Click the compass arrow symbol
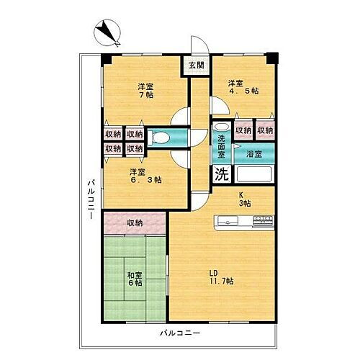point(109,30)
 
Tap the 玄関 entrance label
point(195,66)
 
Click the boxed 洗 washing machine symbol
point(220,174)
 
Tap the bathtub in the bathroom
point(256,174)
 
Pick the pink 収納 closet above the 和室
point(135,223)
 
